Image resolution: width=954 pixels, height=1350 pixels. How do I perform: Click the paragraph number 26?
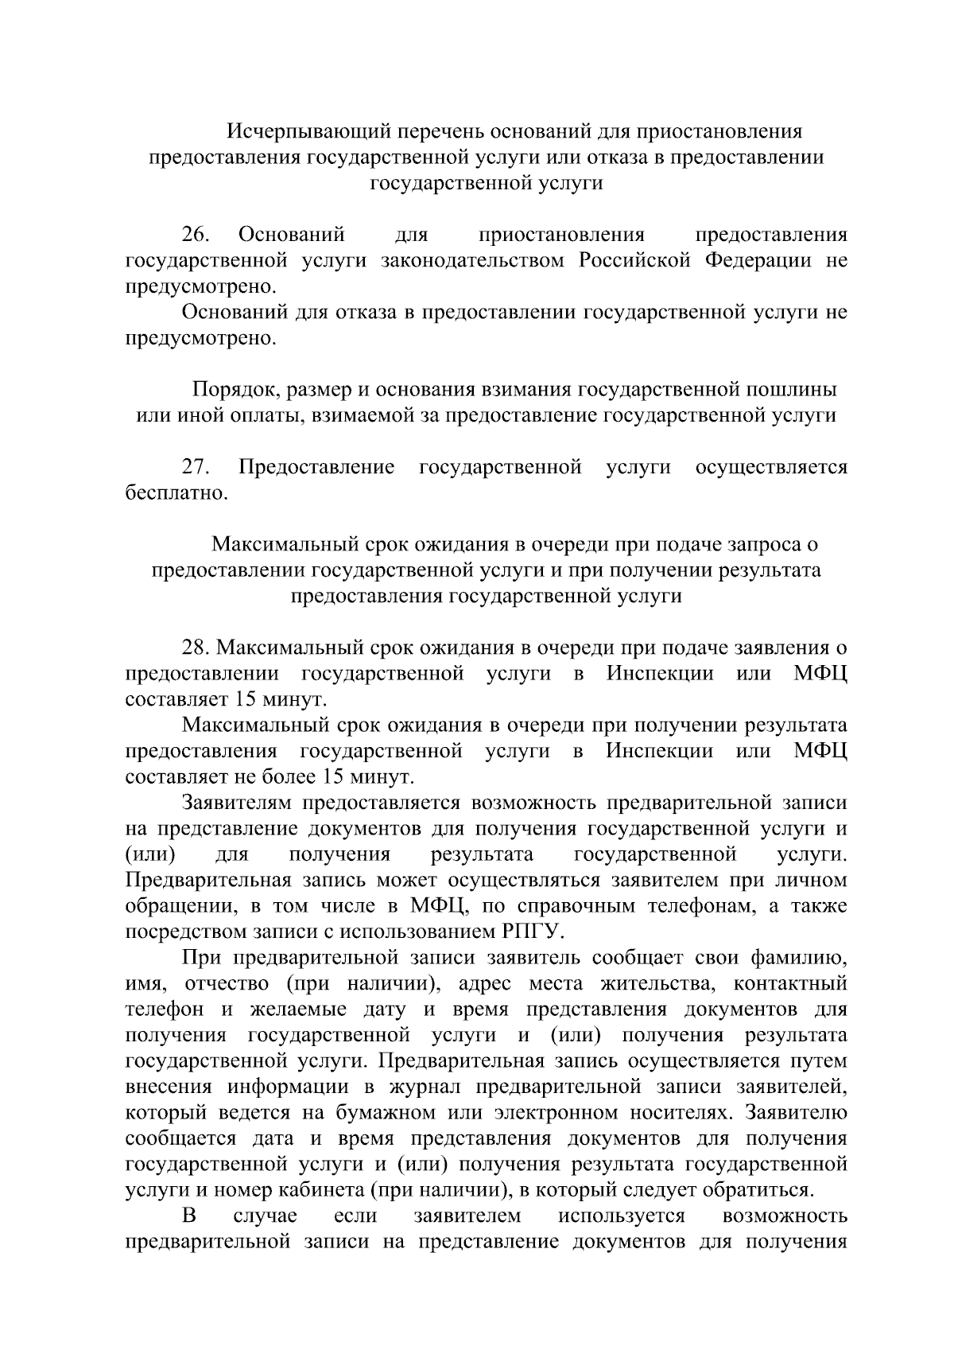tap(196, 235)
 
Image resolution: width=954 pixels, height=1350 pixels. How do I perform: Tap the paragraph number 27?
tap(196, 467)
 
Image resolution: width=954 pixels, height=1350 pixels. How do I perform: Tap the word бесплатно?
tap(176, 493)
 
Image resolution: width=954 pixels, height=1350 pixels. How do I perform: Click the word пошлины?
tap(794, 390)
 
